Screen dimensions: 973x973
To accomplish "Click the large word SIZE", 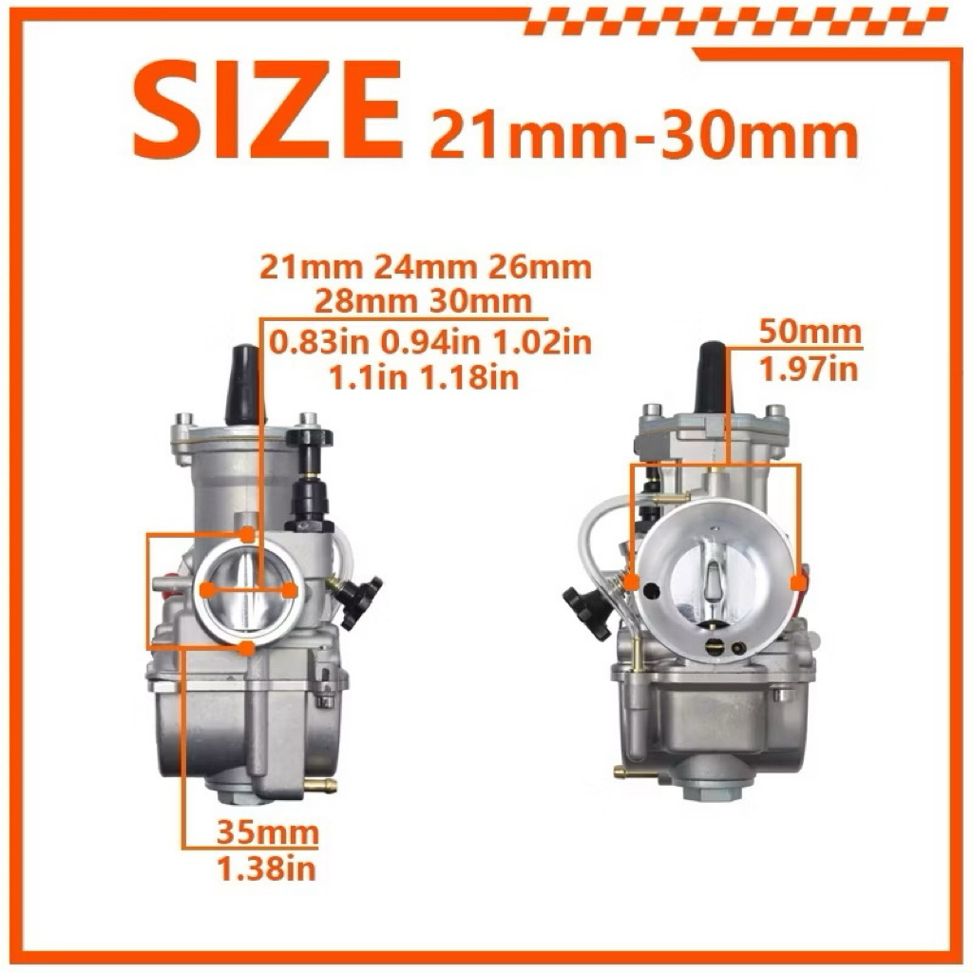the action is [x=267, y=111].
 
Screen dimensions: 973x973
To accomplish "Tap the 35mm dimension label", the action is [x=267, y=832].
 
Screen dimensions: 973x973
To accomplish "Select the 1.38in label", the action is [x=267, y=868].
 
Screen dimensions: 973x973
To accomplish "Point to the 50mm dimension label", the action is [x=811, y=333].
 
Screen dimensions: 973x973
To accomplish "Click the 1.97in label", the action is [x=810, y=370].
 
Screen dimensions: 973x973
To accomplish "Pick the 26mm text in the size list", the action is [x=540, y=267].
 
